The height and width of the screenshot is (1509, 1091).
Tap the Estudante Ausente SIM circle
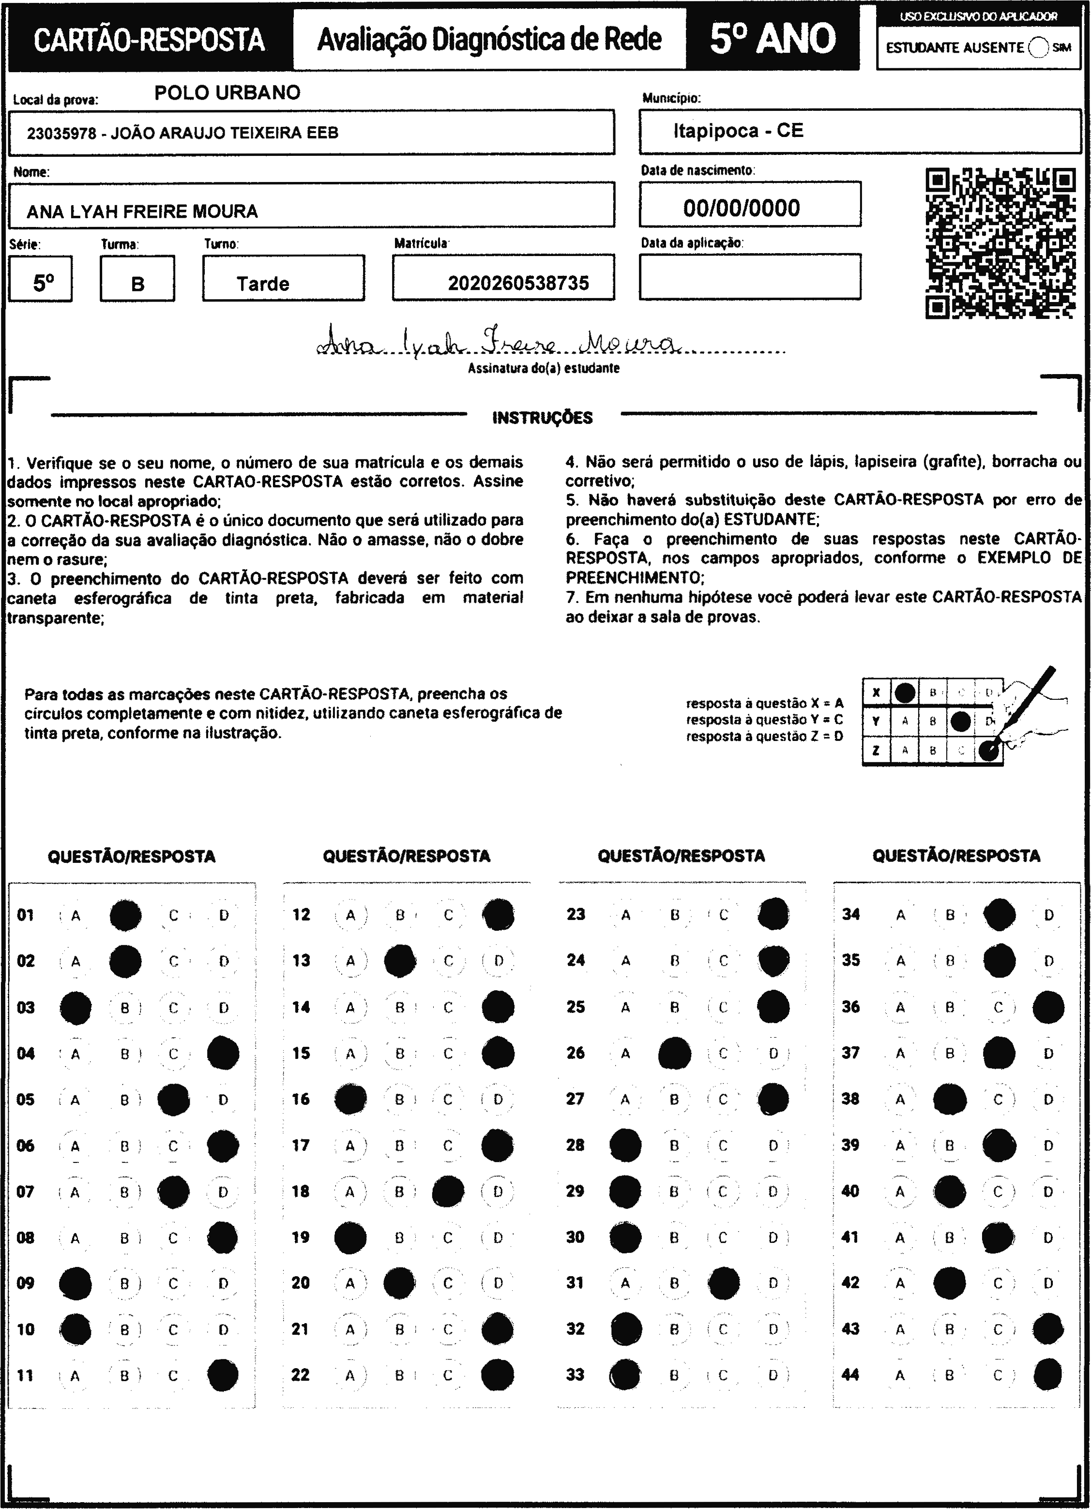[1038, 48]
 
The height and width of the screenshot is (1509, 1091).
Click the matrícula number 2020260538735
[518, 284]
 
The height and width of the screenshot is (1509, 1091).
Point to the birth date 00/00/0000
[741, 208]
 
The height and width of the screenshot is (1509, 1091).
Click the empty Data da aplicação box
[750, 277]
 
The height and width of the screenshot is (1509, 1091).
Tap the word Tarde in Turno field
[263, 284]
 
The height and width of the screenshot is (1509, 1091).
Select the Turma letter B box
[137, 279]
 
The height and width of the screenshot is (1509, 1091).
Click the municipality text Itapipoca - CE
[739, 130]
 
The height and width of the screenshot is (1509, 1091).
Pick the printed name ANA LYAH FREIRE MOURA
[142, 211]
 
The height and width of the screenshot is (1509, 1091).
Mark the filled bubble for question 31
[724, 1283]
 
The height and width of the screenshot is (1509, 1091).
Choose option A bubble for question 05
[75, 1100]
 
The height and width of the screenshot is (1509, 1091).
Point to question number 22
[301, 1374]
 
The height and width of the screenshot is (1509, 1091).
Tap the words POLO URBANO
[227, 92]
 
